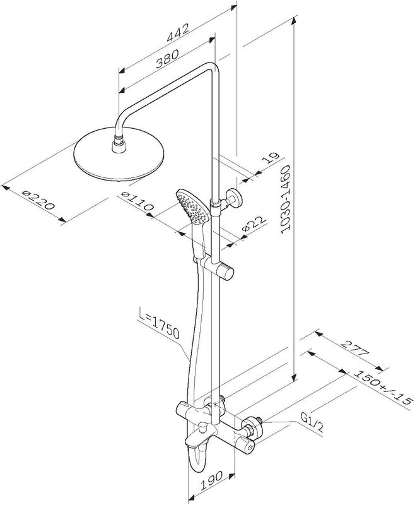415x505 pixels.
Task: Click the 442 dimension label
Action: click(x=178, y=33)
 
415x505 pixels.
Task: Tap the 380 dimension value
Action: click(x=167, y=59)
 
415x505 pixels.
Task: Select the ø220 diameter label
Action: click(x=38, y=200)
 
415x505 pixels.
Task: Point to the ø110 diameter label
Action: click(x=137, y=201)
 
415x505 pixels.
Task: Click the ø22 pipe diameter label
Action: click(x=254, y=223)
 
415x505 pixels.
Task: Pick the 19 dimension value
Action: click(x=270, y=158)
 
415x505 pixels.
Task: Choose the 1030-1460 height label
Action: click(x=285, y=199)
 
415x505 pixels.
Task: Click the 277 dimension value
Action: click(x=354, y=348)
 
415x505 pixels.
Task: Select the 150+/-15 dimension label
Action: click(x=383, y=387)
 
